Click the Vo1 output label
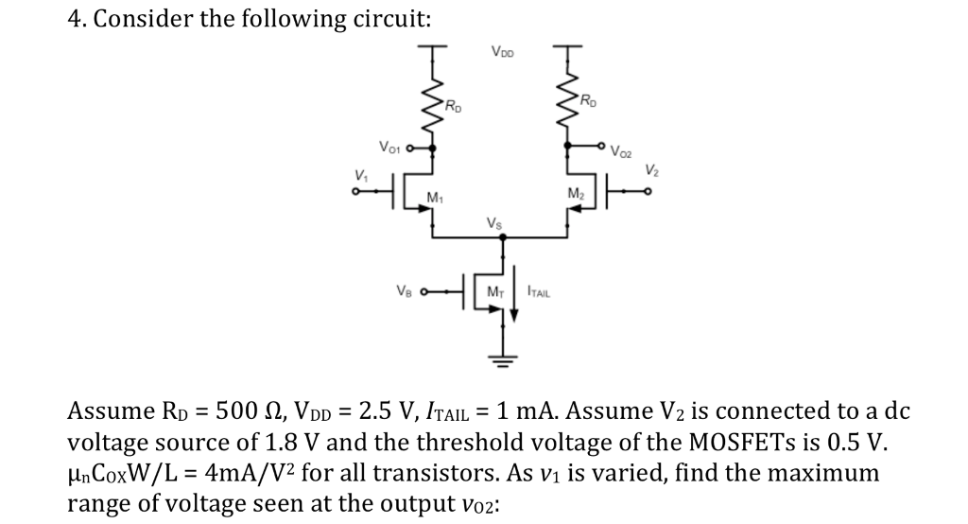pos(389,147)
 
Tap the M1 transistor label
pos(435,198)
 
